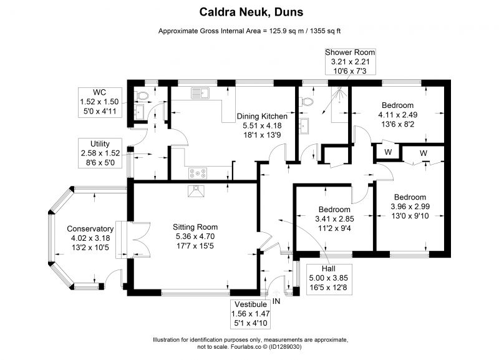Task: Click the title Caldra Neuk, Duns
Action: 251,12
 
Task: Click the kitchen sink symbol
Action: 200,93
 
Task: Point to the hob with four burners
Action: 198,173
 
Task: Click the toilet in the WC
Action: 142,95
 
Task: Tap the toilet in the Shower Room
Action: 307,102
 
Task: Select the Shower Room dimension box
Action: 350,61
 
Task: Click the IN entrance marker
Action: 276,301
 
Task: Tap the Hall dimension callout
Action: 329,278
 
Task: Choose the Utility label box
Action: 100,153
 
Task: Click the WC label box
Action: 100,102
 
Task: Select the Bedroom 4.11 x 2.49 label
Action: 397,115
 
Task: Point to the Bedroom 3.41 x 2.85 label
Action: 334,218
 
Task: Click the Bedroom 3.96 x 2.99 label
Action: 410,207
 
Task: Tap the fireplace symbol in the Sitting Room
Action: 196,191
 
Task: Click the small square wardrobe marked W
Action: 388,152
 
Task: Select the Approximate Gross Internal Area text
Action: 249,31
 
